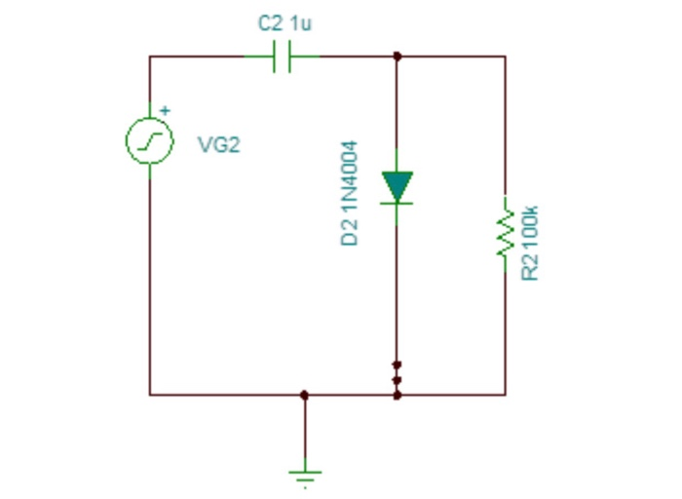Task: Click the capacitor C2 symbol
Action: pyautogui.click(x=282, y=57)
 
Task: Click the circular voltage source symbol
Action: pyautogui.click(x=149, y=142)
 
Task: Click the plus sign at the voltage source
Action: pyautogui.click(x=165, y=110)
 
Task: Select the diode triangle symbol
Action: pyautogui.click(x=397, y=186)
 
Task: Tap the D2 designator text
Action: pyautogui.click(x=350, y=232)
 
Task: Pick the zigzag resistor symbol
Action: pyautogui.click(x=505, y=229)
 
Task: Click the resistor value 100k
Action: pyautogui.click(x=530, y=225)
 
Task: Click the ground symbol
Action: pyautogui.click(x=305, y=476)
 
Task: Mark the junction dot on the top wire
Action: pyautogui.click(x=397, y=57)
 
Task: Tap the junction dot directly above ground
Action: pyautogui.click(x=305, y=395)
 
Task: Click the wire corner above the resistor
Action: pyautogui.click(x=505, y=57)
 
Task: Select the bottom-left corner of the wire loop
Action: pyautogui.click(x=149, y=395)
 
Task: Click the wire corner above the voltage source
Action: pyautogui.click(x=149, y=57)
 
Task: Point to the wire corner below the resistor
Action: pyautogui.click(x=505, y=395)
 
